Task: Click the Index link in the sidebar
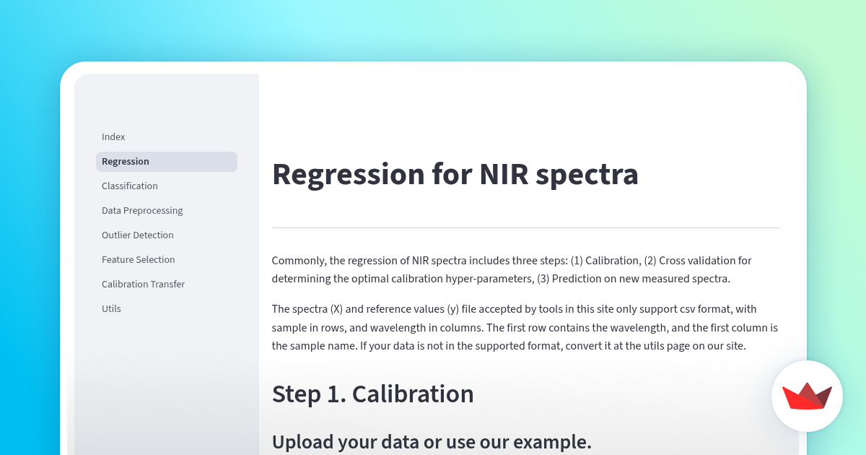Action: pyautogui.click(x=113, y=137)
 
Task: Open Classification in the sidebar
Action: pyautogui.click(x=130, y=186)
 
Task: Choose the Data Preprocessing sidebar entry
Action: pyautogui.click(x=142, y=211)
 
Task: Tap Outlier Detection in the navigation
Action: pyautogui.click(x=138, y=235)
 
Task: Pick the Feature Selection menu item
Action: pyautogui.click(x=139, y=260)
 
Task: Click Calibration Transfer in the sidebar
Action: pyautogui.click(x=143, y=285)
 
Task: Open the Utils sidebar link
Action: pyautogui.click(x=111, y=309)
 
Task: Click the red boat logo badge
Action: pyautogui.click(x=807, y=396)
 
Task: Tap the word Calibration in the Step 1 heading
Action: pyautogui.click(x=413, y=394)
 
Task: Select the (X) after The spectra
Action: pyautogui.click(x=336, y=309)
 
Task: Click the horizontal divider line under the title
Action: pyautogui.click(x=525, y=228)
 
